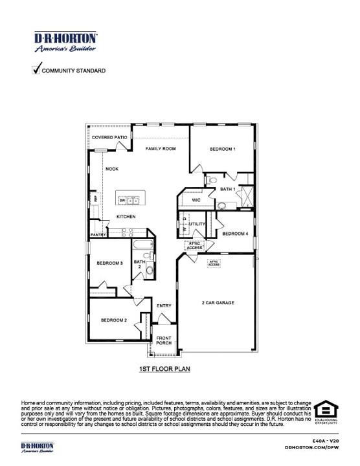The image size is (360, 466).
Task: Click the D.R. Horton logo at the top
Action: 65,42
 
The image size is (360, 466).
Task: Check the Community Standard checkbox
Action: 36,69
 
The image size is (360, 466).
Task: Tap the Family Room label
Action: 161,149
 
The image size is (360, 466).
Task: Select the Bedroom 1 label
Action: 222,149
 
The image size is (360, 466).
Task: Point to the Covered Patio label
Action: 109,138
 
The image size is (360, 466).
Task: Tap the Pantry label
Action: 98,235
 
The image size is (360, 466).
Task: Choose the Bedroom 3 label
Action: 110,263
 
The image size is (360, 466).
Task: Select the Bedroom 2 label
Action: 113,320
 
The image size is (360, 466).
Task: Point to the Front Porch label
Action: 164,340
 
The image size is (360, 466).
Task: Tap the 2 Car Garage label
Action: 218,303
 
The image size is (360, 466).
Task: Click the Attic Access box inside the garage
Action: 214,263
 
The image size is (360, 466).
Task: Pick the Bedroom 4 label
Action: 235,234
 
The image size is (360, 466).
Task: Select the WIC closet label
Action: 196,201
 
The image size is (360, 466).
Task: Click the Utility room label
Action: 197,224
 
